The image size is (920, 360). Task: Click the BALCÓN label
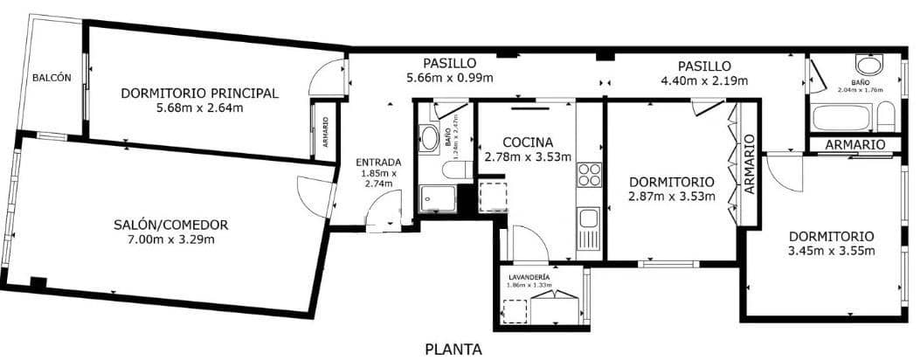tap(52, 78)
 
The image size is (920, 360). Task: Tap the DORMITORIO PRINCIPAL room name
tap(199, 93)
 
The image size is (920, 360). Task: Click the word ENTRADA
tap(378, 162)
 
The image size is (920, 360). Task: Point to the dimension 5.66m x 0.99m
tap(449, 78)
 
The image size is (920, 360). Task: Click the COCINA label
tap(528, 142)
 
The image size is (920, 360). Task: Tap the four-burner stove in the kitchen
tap(590, 174)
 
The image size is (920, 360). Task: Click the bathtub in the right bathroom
tap(840, 117)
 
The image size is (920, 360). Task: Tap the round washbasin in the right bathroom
tap(868, 65)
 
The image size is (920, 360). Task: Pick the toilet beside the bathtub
tap(885, 117)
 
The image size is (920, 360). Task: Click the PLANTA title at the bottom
tap(453, 350)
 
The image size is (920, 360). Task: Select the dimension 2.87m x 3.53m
tap(672, 196)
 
